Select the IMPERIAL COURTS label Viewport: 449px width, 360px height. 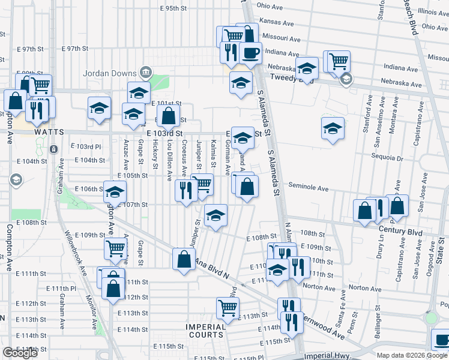click(205, 331)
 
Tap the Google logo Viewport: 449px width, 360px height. click(20, 353)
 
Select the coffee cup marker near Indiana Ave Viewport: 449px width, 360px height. click(250, 52)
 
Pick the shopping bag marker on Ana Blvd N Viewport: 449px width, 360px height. click(184, 259)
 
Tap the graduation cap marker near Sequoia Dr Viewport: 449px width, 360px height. click(332, 128)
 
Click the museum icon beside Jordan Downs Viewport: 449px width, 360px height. click(145, 73)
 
